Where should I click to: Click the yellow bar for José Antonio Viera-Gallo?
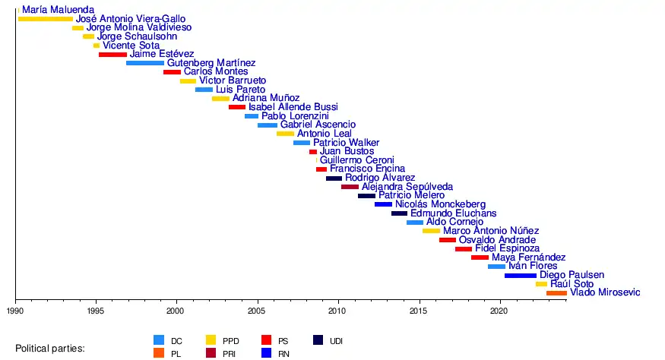[x=45, y=18]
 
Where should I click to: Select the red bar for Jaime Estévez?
[x=112, y=54]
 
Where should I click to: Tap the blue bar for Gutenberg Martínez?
[x=145, y=63]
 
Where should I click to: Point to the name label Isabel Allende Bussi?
[x=293, y=107]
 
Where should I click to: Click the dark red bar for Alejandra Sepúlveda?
[x=350, y=186]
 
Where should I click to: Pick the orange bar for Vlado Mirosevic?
[x=556, y=292]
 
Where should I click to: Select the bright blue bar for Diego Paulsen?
[x=520, y=275]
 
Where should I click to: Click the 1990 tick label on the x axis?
[x=15, y=311]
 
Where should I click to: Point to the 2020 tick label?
[x=499, y=311]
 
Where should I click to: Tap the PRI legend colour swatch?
[x=212, y=352]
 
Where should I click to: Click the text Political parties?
[x=50, y=349]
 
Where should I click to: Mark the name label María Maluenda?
[x=59, y=10]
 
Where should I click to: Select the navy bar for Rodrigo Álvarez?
[x=334, y=178]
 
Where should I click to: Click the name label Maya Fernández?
[x=528, y=257]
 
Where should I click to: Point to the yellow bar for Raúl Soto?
[x=541, y=284]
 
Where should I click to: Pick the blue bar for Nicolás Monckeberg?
[x=383, y=204]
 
